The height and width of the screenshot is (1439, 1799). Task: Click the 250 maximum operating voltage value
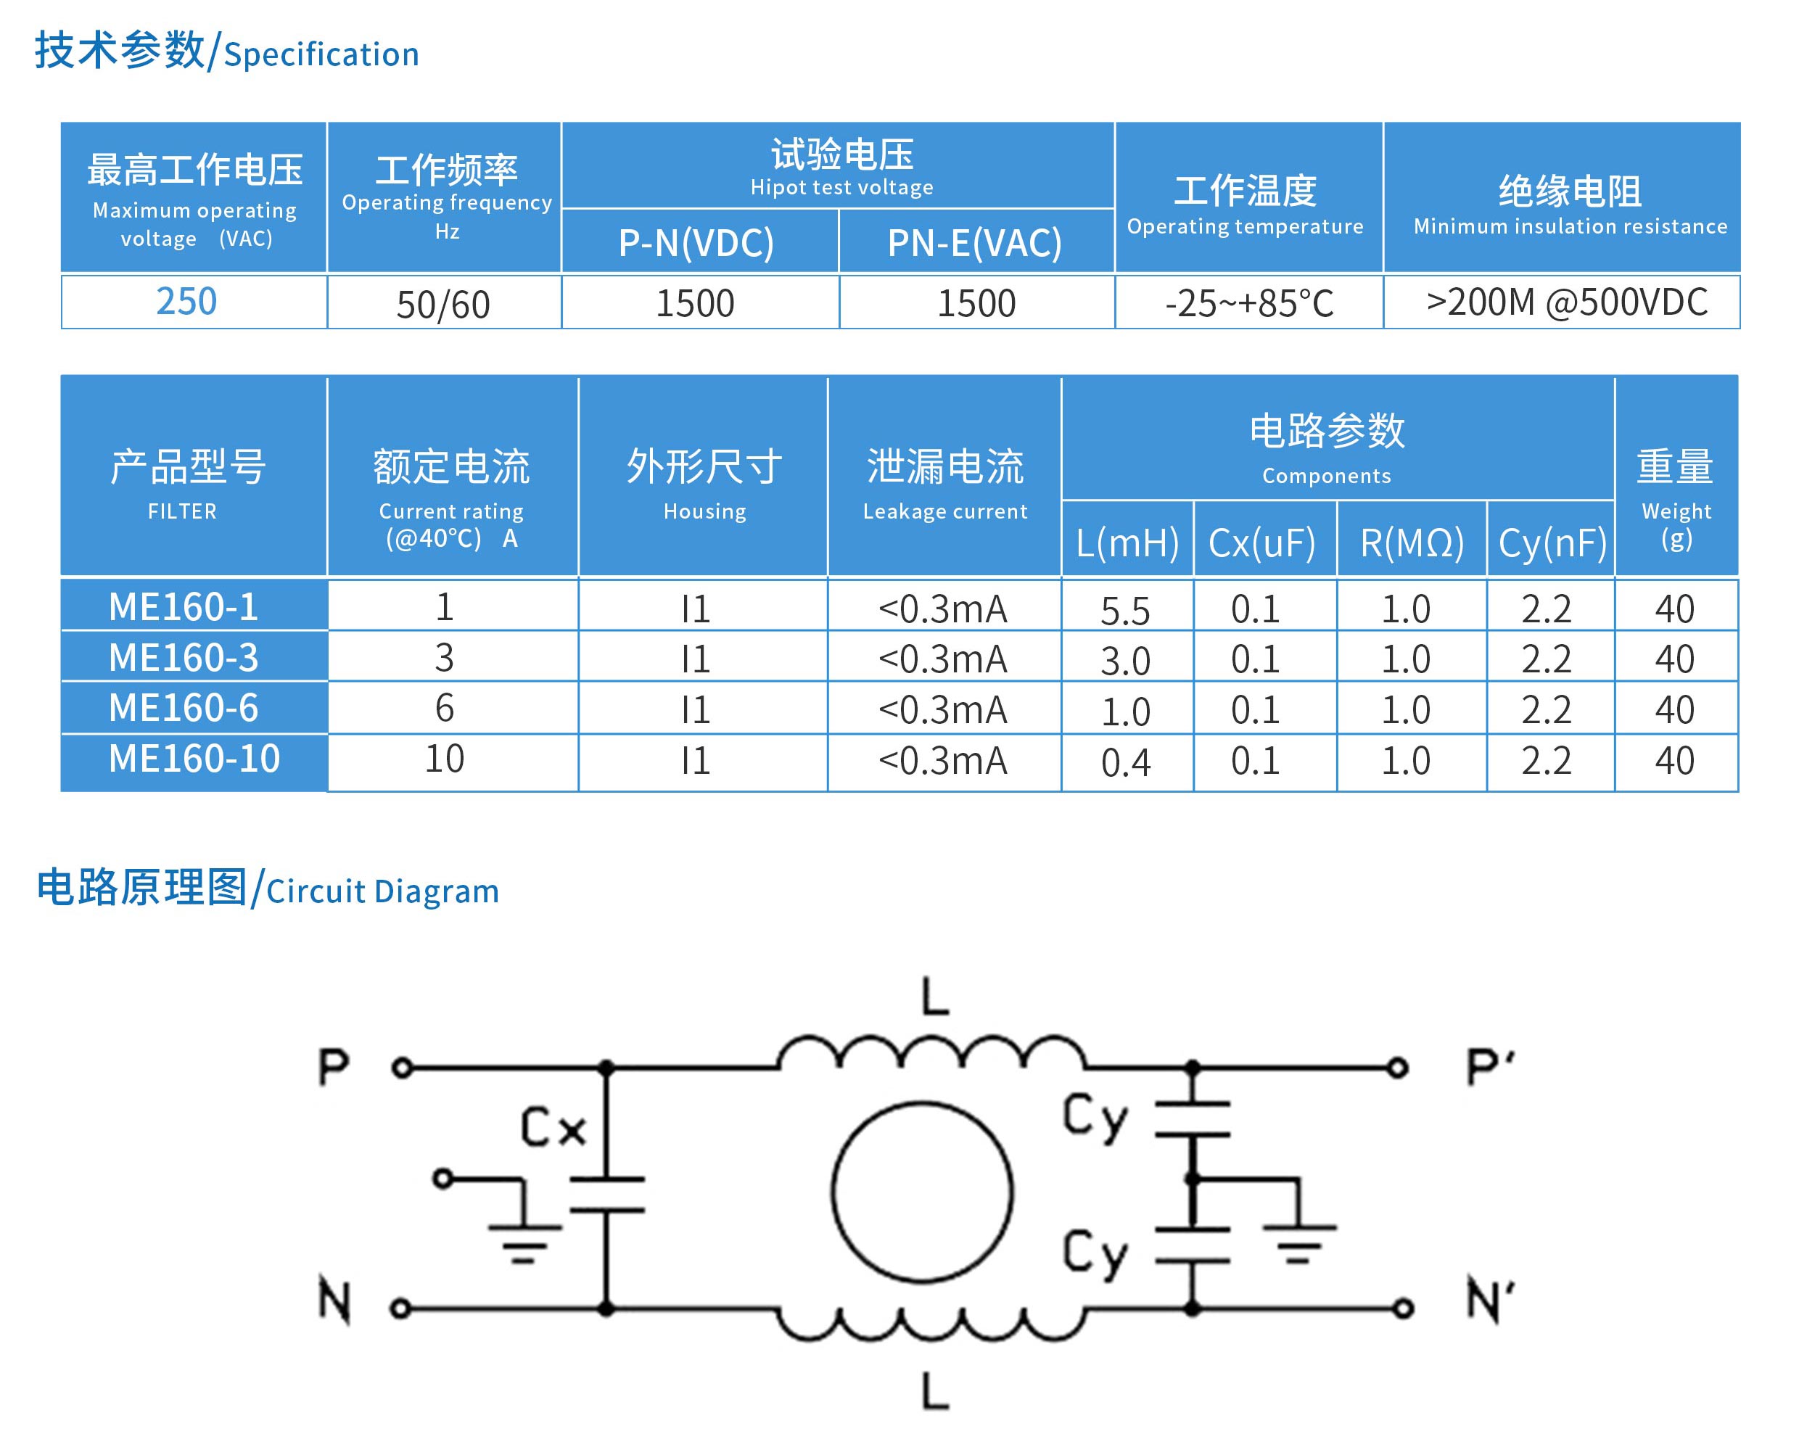(x=186, y=301)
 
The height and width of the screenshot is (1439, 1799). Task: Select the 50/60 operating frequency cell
(x=443, y=305)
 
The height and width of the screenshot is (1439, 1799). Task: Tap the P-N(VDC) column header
(x=696, y=243)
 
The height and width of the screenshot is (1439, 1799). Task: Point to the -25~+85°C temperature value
(x=1249, y=304)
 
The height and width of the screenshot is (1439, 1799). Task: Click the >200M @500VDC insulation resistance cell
(x=1566, y=302)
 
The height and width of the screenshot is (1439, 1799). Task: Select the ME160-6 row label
(x=184, y=708)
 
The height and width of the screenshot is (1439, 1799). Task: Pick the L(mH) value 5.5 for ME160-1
(x=1125, y=611)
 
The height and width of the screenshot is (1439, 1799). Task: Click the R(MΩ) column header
(x=1412, y=543)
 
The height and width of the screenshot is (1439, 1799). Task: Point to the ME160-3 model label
(x=184, y=657)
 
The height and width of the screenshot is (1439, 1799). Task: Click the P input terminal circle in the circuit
(x=402, y=1068)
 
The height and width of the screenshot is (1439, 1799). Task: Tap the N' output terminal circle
(x=1404, y=1308)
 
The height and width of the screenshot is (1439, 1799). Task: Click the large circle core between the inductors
(x=922, y=1191)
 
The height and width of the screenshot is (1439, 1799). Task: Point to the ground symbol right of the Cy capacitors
(x=1298, y=1243)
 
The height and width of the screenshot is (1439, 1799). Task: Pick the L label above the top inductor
(x=935, y=996)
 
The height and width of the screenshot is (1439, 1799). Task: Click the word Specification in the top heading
(x=321, y=55)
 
